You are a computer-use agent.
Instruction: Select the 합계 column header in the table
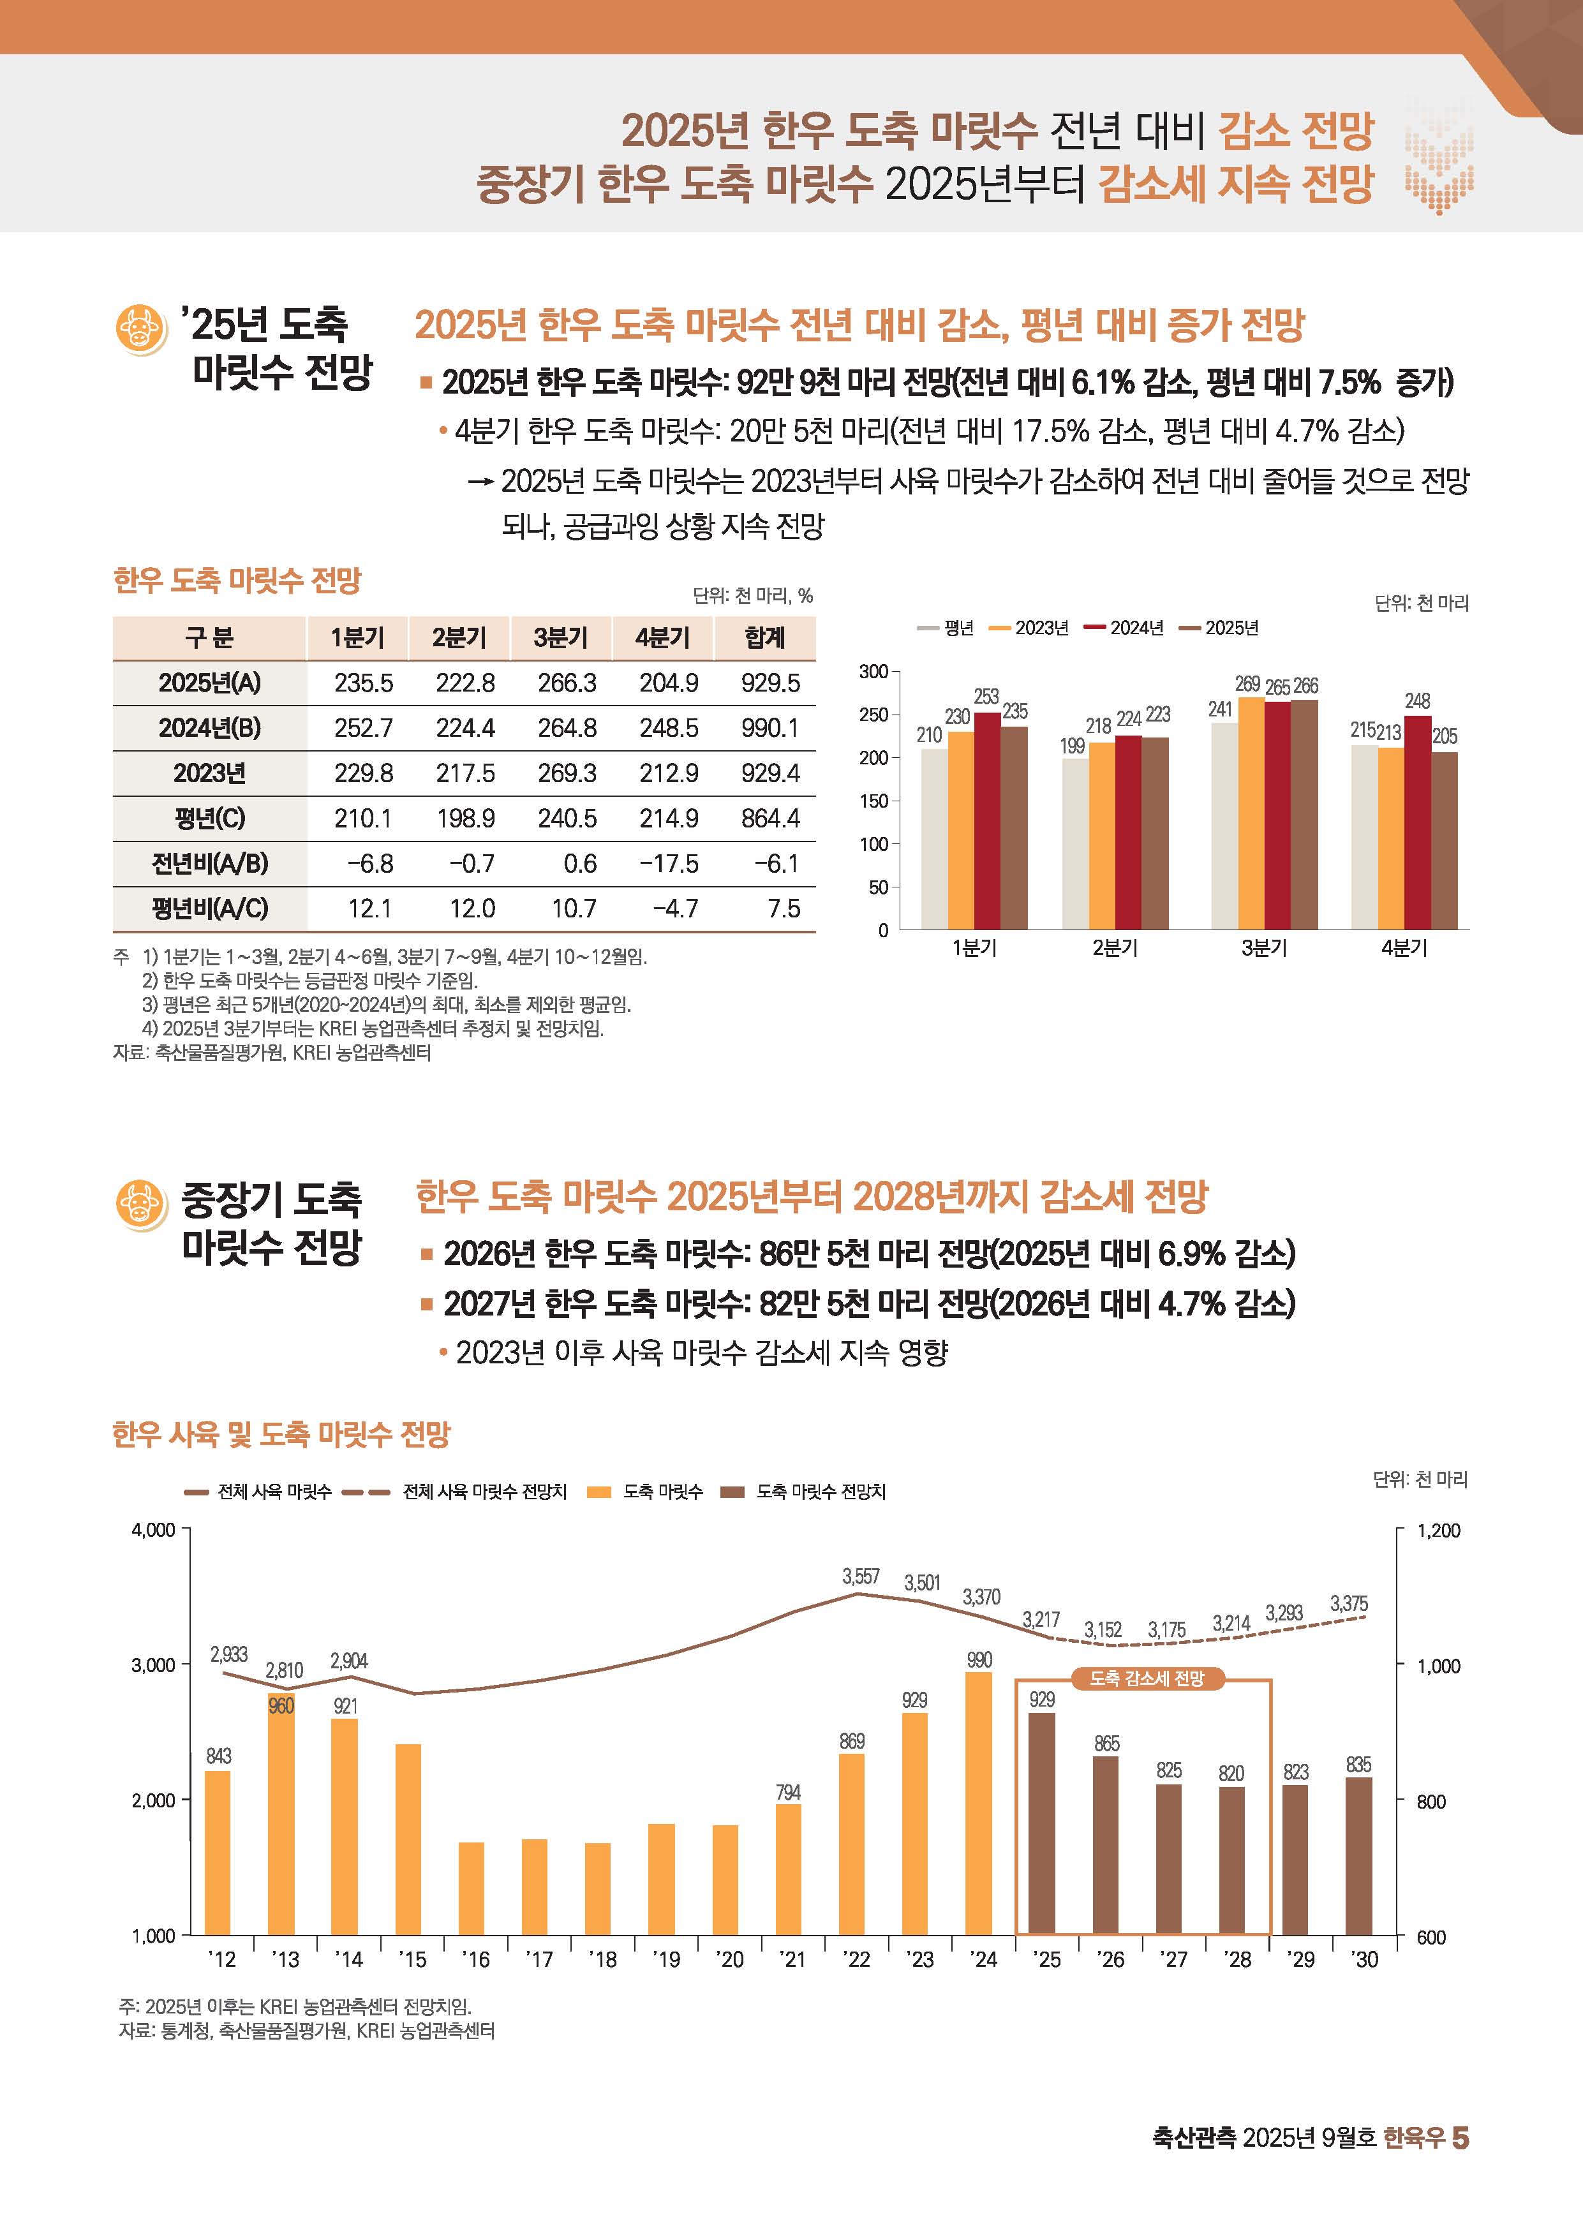coord(764,637)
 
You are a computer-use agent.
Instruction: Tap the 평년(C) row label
coord(209,819)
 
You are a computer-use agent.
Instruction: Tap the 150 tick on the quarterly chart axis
coord(873,801)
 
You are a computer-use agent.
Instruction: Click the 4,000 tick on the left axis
coord(153,1530)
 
